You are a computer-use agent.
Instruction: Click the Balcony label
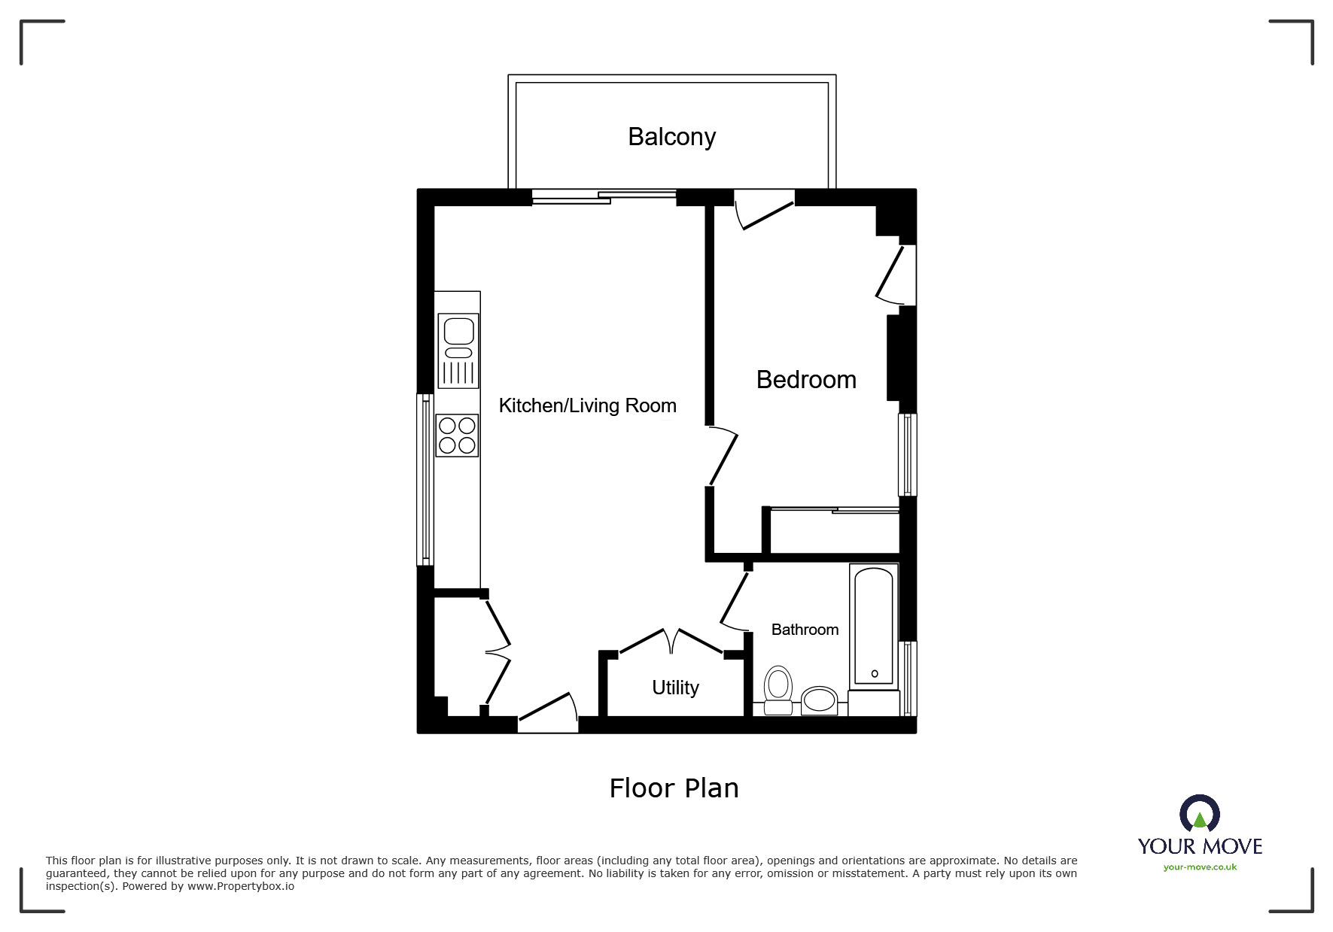pyautogui.click(x=671, y=137)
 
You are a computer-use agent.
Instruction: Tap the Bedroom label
pyautogui.click(x=806, y=380)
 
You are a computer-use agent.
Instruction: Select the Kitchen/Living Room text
pyautogui.click(x=587, y=405)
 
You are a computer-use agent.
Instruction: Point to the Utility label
pyautogui.click(x=675, y=688)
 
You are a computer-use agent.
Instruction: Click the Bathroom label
pyautogui.click(x=805, y=630)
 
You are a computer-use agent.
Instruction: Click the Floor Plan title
pyautogui.click(x=674, y=788)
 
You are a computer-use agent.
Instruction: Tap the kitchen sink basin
pyautogui.click(x=458, y=331)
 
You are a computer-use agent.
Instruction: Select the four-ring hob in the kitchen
pyautogui.click(x=457, y=436)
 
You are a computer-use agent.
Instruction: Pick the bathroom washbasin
pyautogui.click(x=819, y=701)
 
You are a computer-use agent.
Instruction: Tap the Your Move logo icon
pyautogui.click(x=1200, y=815)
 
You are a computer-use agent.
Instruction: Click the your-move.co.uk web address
pyautogui.click(x=1200, y=867)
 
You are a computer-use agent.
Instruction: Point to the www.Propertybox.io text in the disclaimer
pyautogui.click(x=241, y=886)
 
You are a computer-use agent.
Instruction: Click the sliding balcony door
pyautogui.click(x=604, y=197)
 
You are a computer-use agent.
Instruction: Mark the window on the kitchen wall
pyautogui.click(x=425, y=479)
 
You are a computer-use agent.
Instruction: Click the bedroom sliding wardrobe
pyautogui.click(x=834, y=530)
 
